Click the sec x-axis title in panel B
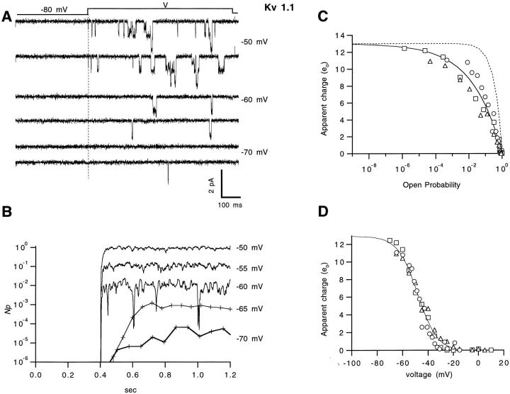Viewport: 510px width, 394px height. [135, 388]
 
